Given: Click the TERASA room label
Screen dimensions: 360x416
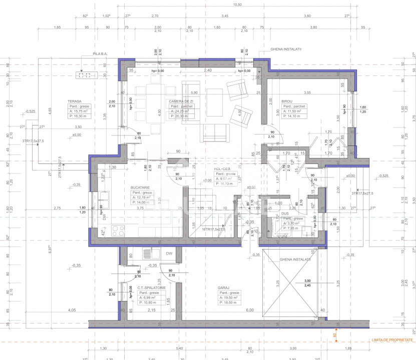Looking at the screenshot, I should point(75,101).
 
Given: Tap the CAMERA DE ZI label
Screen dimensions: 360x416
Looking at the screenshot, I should point(178,101).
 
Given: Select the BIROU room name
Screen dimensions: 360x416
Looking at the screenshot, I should point(287,101).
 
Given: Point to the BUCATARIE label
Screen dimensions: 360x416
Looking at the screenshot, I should point(140,187).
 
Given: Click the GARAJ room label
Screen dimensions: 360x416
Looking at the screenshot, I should point(223,287).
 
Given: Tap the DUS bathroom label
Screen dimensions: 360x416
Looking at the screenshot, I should point(285,213).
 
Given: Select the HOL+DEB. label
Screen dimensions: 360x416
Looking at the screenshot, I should point(222,169).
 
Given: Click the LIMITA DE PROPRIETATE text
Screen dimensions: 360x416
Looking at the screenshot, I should point(393,340).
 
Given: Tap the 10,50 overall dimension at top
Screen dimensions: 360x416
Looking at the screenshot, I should point(237,4).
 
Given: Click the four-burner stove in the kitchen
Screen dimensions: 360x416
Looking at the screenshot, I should point(118,230).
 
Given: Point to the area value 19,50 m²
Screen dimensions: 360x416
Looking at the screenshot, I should point(230,297).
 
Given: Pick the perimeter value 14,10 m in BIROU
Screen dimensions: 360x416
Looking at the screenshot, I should point(294,116).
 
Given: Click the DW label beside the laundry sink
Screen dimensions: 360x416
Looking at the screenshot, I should point(169,253).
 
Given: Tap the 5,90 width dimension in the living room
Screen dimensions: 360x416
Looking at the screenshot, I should point(194,93).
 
